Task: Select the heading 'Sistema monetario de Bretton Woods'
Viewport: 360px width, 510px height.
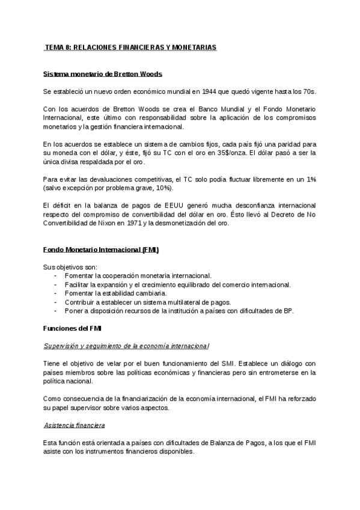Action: click(x=103, y=75)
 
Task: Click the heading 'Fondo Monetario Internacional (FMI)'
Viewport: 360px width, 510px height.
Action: click(x=102, y=249)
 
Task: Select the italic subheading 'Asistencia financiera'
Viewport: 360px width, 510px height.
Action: click(x=75, y=425)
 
